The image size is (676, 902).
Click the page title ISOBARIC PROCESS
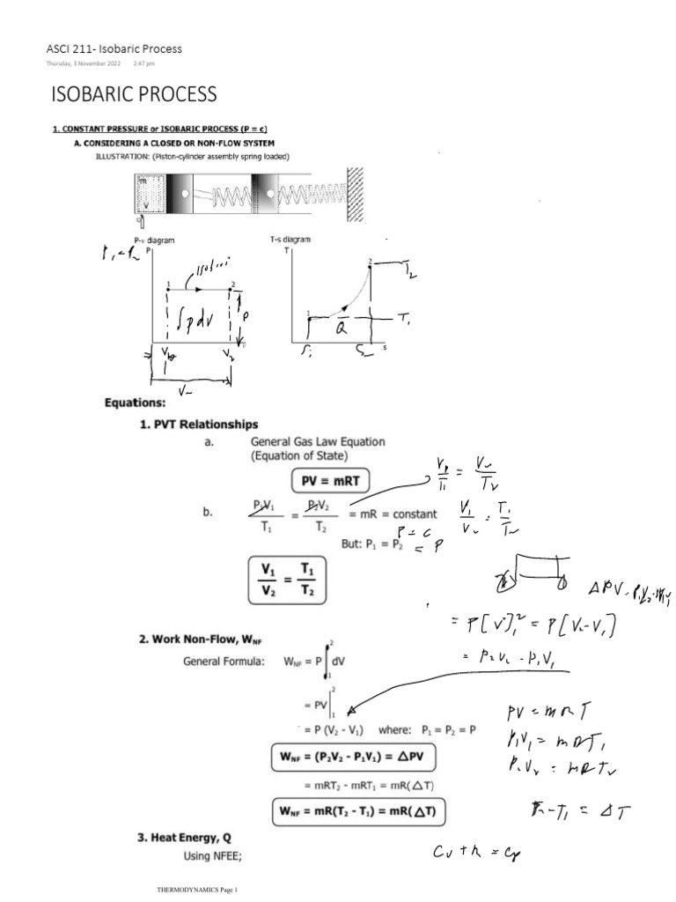[135, 93]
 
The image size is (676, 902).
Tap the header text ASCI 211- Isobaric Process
[114, 49]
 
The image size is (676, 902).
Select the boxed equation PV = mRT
[330, 480]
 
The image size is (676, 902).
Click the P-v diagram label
[151, 240]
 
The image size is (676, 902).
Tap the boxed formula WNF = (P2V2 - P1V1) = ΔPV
[356, 757]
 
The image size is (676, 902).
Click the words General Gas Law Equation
[318, 442]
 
